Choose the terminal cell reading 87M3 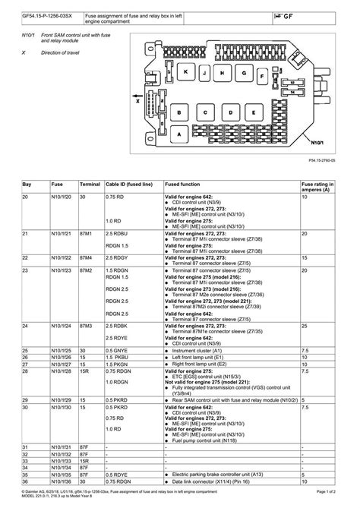coord(90,326)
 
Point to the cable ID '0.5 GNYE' coord(117,350)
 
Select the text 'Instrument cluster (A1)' coord(200,350)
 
